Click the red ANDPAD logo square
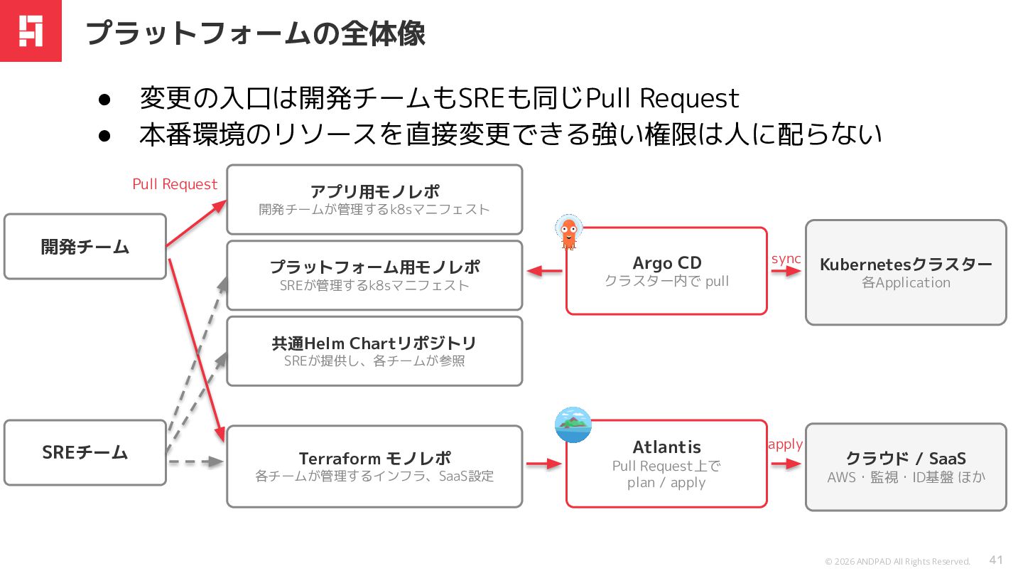click(x=31, y=31)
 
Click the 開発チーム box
click(x=85, y=246)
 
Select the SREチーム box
click(x=85, y=452)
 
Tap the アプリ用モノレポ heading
click(x=374, y=191)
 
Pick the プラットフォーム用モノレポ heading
click(x=374, y=267)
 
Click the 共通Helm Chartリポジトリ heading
click(x=374, y=343)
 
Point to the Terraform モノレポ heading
click(x=374, y=458)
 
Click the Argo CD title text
click(x=667, y=263)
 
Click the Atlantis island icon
click(x=573, y=425)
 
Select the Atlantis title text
click(x=667, y=447)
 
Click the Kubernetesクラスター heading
click(x=906, y=265)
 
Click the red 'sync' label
click(x=786, y=259)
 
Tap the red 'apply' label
click(x=786, y=444)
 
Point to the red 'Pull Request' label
click(x=175, y=184)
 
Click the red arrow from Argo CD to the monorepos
click(x=544, y=271)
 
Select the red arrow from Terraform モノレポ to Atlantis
click(x=544, y=464)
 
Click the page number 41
click(x=996, y=560)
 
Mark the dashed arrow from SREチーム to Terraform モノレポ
click(x=196, y=462)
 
